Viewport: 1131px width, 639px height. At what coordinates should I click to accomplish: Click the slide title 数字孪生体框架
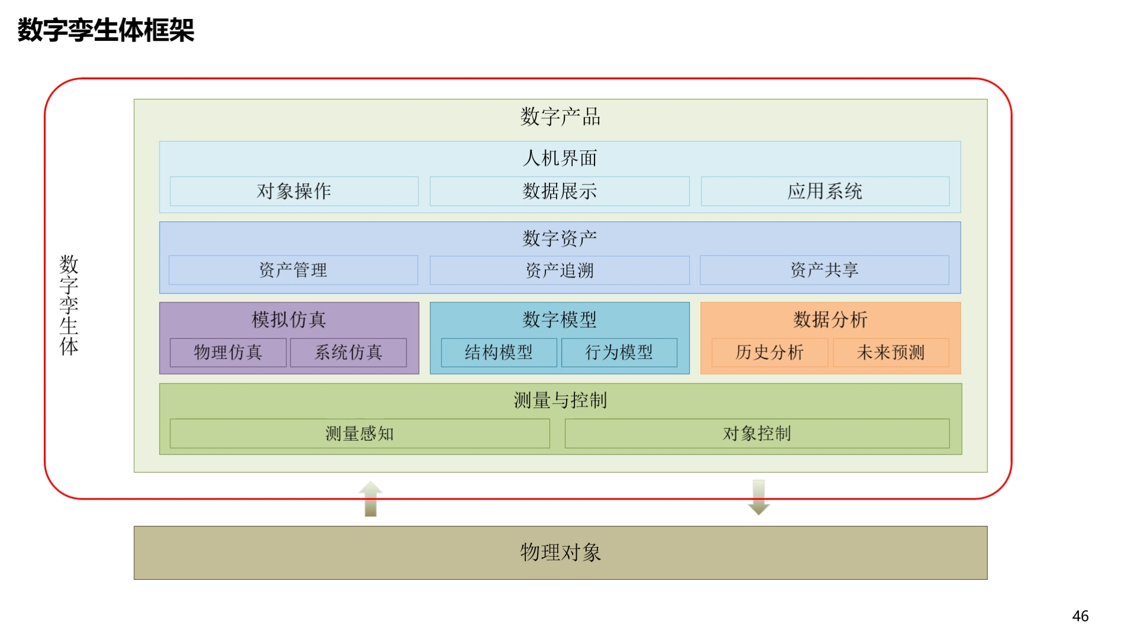(106, 30)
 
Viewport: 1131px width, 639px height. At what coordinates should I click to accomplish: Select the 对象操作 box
(294, 191)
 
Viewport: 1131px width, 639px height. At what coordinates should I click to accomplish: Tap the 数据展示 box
(560, 191)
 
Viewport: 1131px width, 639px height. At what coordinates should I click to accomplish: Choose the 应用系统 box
(825, 191)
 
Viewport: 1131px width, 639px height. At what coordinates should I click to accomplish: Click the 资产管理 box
(293, 270)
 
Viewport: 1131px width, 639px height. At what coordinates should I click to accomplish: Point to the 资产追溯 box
(560, 270)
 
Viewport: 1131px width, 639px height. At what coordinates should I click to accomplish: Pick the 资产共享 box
(825, 270)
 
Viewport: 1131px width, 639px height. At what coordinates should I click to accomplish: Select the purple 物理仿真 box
(228, 353)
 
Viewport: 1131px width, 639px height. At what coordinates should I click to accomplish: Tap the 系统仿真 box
(348, 353)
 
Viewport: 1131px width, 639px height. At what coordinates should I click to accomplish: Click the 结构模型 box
(499, 353)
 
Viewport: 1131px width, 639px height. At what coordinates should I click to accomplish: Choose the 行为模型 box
(619, 353)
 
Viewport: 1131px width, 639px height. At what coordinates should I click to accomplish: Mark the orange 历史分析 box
(770, 353)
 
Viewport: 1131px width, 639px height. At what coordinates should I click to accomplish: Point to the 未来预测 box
(891, 353)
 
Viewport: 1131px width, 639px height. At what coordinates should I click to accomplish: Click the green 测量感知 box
(360, 434)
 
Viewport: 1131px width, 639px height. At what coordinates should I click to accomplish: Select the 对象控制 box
(757, 434)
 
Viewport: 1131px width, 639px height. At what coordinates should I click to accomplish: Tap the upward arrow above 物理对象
(371, 499)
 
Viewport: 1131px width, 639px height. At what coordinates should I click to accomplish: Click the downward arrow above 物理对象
(759, 498)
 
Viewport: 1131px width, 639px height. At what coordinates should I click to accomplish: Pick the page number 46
(1080, 616)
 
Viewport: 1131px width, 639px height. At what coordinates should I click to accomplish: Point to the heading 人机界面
(560, 158)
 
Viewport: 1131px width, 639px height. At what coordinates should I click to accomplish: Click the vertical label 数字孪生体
(69, 305)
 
